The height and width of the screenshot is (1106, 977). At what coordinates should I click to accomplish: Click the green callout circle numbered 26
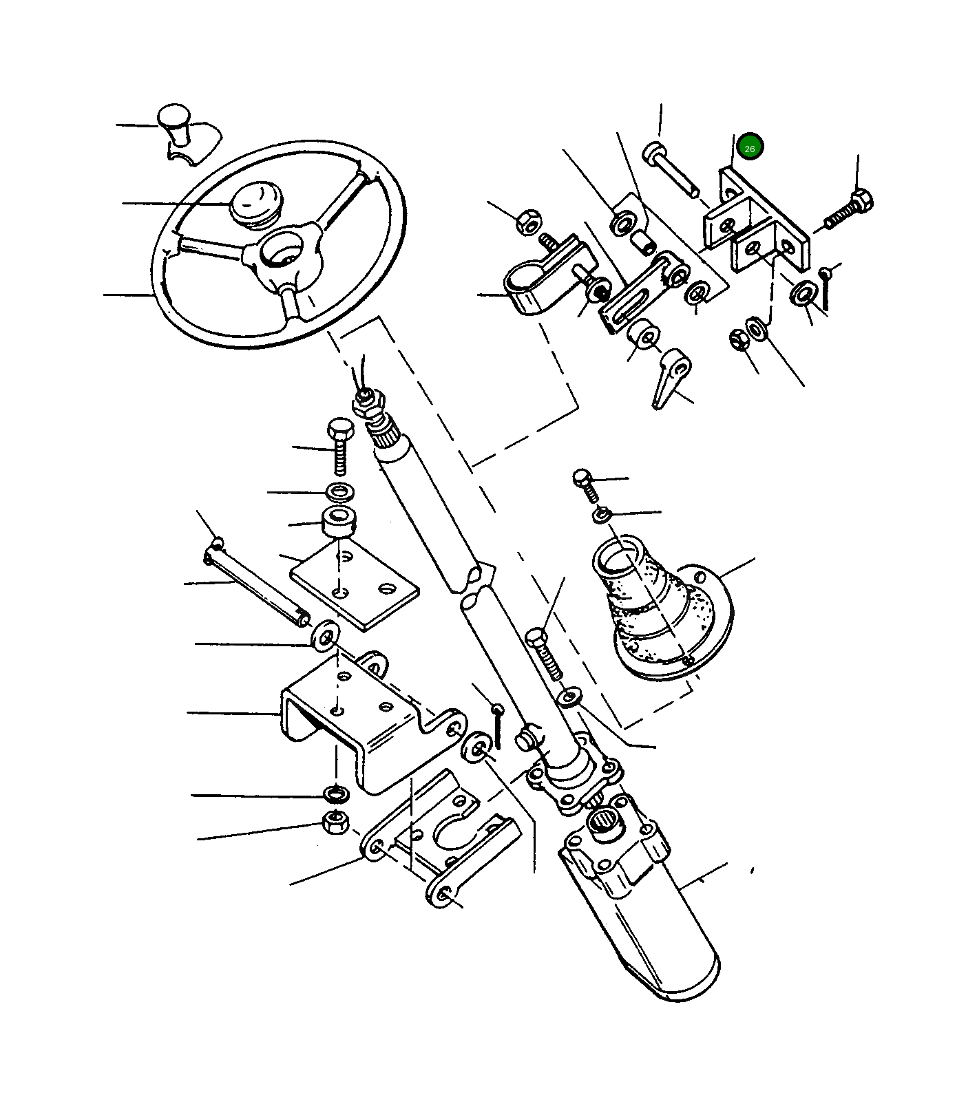pyautogui.click(x=750, y=147)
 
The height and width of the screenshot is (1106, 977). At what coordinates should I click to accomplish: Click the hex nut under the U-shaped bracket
pyautogui.click(x=335, y=822)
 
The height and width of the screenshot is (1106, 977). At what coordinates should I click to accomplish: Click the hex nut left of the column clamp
pyautogui.click(x=529, y=222)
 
